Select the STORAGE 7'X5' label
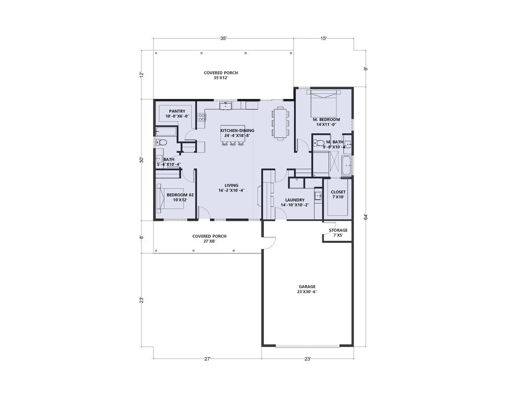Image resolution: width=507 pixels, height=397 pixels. click(338, 233)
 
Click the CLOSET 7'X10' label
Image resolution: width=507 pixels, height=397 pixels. click(338, 194)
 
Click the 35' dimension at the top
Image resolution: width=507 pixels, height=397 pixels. click(223, 38)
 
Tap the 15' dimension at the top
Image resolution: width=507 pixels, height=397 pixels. click(323, 38)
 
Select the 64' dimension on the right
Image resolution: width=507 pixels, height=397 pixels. click(366, 216)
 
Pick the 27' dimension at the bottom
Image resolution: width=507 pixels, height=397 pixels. click(207, 358)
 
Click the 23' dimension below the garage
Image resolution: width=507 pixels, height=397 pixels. click(307, 358)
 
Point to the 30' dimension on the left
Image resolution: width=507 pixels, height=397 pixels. click(141, 160)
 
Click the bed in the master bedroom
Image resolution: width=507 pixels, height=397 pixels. click(323, 103)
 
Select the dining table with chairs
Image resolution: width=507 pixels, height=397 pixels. click(280, 123)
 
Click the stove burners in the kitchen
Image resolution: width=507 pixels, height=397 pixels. click(202, 117)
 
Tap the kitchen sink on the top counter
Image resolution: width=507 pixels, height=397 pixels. click(225, 105)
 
